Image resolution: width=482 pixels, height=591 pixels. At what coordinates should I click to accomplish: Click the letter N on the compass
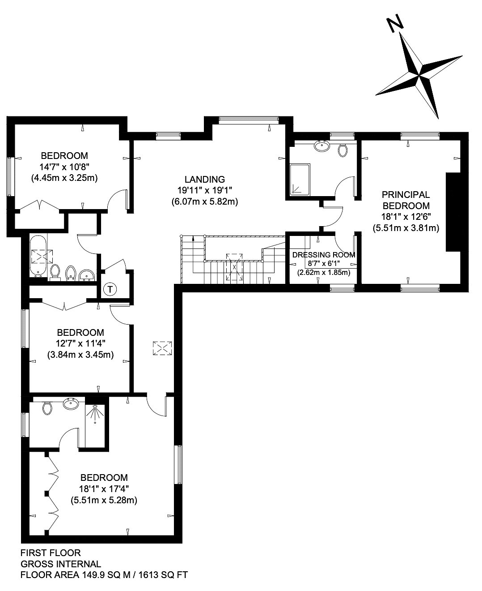point(395,24)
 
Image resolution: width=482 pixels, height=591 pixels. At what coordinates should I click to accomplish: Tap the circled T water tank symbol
point(110,289)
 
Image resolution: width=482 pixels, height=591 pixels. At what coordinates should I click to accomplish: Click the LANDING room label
point(205,179)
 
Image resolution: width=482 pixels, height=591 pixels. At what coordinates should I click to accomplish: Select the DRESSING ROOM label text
point(324,255)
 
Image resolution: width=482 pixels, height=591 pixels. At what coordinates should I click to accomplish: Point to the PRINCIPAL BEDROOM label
point(406,200)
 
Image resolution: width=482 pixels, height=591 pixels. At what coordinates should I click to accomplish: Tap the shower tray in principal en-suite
point(300,180)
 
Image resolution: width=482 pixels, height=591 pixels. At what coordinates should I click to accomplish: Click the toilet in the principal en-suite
point(342,150)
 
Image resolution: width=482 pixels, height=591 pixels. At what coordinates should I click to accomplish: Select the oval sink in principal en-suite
point(322,146)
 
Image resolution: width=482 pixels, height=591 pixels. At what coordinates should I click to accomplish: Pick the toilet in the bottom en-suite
point(47,408)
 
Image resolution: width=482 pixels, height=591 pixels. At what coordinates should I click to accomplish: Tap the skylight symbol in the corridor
point(162,348)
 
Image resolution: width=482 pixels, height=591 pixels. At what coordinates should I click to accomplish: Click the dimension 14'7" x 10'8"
point(64,167)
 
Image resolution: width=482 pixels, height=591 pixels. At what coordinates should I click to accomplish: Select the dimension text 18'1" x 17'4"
point(104,489)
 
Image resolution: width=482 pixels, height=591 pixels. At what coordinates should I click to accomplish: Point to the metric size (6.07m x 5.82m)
point(205,202)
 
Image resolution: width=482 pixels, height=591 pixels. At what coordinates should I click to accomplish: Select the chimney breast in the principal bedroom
point(453,212)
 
